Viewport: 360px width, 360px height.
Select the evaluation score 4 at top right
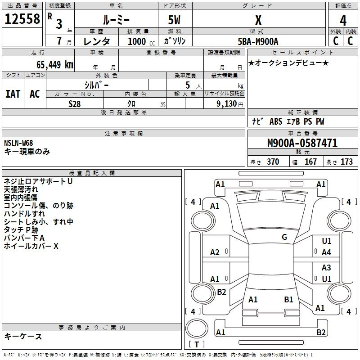[343, 20]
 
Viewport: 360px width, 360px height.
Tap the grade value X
[258, 20]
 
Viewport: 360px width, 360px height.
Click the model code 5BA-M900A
[258, 41]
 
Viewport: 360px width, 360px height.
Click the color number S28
[74, 103]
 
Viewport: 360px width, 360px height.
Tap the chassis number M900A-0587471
[302, 143]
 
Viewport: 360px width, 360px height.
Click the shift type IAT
[13, 94]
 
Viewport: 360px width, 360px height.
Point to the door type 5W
[175, 20]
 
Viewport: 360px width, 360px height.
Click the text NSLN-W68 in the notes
[18, 143]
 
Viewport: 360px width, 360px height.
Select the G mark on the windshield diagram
[284, 237]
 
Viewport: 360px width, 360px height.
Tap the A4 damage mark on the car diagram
[327, 252]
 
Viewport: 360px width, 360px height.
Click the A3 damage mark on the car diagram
[327, 268]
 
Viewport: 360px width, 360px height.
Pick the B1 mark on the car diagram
[289, 299]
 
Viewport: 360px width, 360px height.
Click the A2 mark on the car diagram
[215, 252]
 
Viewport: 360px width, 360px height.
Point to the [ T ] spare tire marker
[197, 345]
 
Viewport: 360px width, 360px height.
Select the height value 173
[346, 162]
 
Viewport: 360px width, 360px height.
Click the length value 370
[273, 162]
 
